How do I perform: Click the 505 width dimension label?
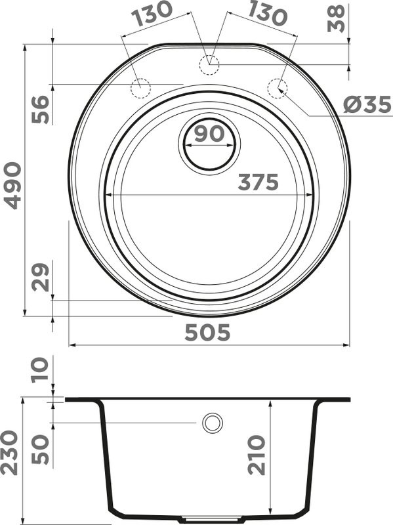[x=207, y=333]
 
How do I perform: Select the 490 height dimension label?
[x=12, y=186]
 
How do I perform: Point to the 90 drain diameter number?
[x=209, y=134]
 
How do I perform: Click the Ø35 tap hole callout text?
[x=367, y=105]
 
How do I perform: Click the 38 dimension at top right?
[x=337, y=19]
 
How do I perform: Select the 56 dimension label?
[x=40, y=109]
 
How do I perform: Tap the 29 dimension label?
[x=40, y=278]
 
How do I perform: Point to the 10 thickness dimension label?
[x=40, y=369]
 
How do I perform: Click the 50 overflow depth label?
[x=40, y=449]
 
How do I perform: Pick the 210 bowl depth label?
[x=256, y=454]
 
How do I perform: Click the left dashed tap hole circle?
[x=141, y=87]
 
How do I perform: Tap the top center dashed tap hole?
[x=209, y=63]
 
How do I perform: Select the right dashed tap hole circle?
[x=278, y=87]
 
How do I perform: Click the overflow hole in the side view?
[x=212, y=423]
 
